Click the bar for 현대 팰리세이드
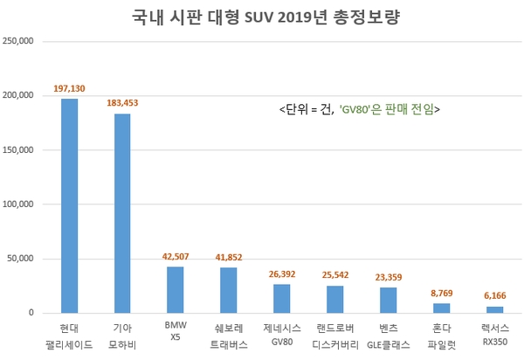coord(69,205)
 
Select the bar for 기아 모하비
coord(122,213)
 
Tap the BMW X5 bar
coord(176,289)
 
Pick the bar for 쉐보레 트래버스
coord(229,290)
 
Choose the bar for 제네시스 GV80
coord(282,298)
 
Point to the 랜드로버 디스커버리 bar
coord(335,299)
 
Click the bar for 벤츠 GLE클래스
coord(389,300)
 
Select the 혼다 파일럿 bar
coord(442,308)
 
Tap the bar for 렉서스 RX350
coord(495,309)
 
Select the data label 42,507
coord(176,257)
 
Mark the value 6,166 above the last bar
coord(495,297)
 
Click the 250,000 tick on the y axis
coord(19,41)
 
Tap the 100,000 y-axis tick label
coord(19,204)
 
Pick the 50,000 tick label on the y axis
coord(22,259)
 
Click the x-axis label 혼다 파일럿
coord(442,336)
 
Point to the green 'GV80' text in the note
coord(354,110)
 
